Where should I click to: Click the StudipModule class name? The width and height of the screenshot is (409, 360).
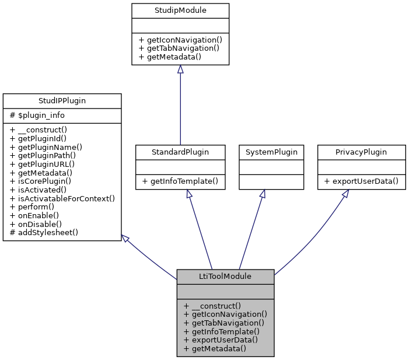point(180,11)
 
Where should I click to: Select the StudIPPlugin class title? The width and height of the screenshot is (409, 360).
point(62,100)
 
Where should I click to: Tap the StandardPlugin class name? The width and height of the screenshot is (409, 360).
point(180,152)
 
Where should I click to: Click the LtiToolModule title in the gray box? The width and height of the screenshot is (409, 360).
point(225,276)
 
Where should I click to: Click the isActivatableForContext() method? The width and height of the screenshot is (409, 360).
point(62,198)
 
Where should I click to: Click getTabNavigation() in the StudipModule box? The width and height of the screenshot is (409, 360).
point(179,47)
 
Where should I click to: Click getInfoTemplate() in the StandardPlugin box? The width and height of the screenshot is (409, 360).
point(180,181)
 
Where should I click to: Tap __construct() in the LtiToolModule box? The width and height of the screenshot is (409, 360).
point(212,305)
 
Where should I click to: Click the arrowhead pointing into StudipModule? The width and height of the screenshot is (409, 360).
point(180,69)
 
